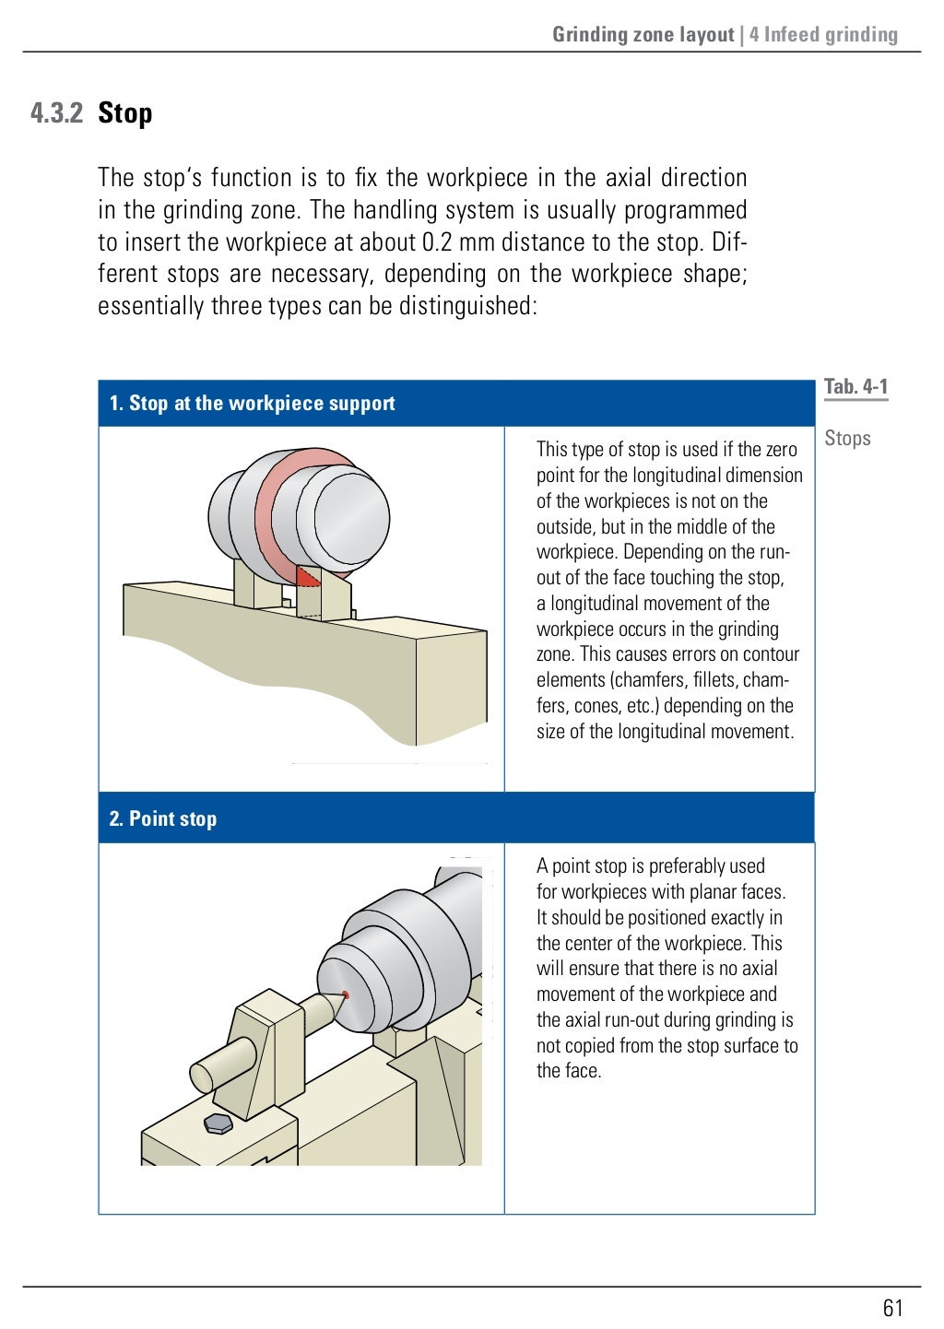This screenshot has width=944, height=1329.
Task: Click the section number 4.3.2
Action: [x=56, y=113]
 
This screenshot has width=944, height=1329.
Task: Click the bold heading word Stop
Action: [x=124, y=113]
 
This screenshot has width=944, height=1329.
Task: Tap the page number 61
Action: [x=892, y=1308]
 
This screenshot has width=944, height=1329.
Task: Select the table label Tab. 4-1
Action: [x=855, y=387]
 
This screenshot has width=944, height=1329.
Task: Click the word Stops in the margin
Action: [x=847, y=439]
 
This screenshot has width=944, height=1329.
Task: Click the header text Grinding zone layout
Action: [x=643, y=35]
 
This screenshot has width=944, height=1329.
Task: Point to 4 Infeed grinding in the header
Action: [x=823, y=35]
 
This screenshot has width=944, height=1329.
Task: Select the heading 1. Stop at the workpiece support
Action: [x=252, y=404]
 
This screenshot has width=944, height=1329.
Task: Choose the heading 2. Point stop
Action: [x=163, y=819]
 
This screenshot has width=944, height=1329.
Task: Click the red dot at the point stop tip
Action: [x=346, y=994]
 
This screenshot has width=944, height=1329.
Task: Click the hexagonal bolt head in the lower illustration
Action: [x=218, y=1123]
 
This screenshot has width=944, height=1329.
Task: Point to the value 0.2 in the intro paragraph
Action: [x=436, y=242]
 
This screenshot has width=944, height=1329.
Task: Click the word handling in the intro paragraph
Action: [x=395, y=210]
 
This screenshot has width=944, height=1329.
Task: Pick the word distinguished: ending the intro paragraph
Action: [x=467, y=306]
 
